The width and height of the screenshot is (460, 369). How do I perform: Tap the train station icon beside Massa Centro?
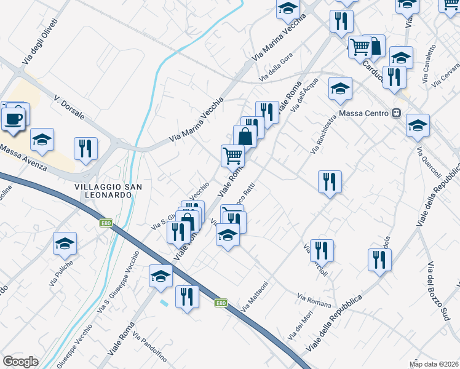click(x=397, y=114)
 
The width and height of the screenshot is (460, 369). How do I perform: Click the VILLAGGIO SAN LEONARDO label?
click(x=103, y=190)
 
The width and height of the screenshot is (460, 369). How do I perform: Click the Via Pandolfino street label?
click(x=149, y=349)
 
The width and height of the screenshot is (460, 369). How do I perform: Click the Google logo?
click(x=20, y=362)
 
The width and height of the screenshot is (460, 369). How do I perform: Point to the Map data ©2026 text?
click(x=434, y=363)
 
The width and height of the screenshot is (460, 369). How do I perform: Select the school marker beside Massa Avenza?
click(x=42, y=140)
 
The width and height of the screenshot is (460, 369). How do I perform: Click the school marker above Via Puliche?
click(x=65, y=244)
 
